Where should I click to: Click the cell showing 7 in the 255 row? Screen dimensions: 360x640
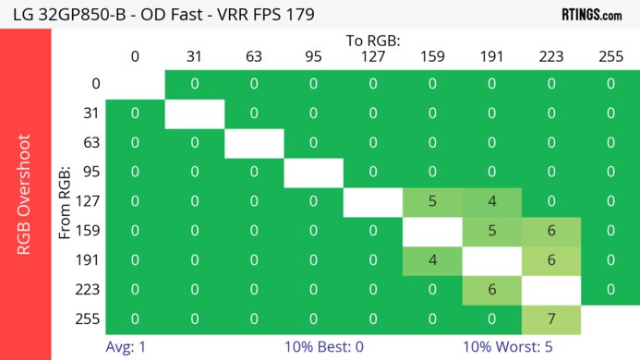(x=550, y=318)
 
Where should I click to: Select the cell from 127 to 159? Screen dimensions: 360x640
(x=432, y=200)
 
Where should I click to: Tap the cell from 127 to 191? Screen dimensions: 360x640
(x=491, y=200)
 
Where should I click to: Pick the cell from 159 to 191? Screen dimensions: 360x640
(x=491, y=230)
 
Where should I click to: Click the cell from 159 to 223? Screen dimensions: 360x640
(x=550, y=230)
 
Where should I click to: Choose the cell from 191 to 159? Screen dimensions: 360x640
(x=432, y=259)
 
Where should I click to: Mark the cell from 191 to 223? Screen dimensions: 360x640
(x=550, y=259)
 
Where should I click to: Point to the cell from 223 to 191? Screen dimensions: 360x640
(x=491, y=289)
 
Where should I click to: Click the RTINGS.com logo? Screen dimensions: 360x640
(x=591, y=14)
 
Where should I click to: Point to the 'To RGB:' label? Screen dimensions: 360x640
(x=373, y=41)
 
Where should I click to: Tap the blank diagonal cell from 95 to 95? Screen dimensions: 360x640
(x=313, y=172)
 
